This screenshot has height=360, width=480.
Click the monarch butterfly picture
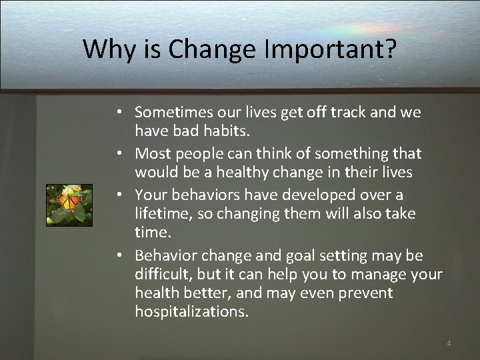pos(69,205)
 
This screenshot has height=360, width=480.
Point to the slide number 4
pos(449,343)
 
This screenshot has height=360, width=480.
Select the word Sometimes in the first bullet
pos(173,113)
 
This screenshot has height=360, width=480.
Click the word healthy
pos(237,172)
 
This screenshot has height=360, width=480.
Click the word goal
pos(305,255)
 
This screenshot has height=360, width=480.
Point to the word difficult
pos(162,274)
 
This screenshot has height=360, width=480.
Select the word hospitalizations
pos(191,311)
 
